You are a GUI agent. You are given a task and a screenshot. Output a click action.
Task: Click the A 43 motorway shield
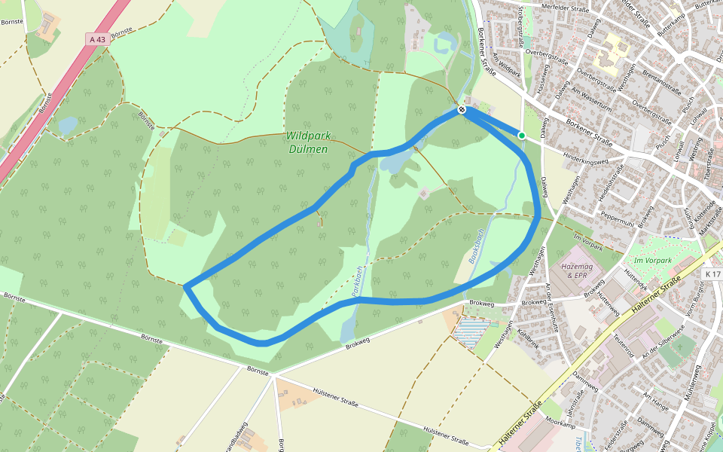(x=97, y=39)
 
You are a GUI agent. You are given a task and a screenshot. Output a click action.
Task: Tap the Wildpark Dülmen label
(x=308, y=142)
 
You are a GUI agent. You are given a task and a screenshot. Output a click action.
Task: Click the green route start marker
(x=521, y=135)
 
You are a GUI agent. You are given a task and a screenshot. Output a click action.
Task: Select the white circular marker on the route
(x=461, y=110)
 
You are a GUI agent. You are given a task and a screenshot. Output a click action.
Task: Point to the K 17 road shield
(x=712, y=274)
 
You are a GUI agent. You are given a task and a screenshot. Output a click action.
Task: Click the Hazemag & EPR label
(x=574, y=271)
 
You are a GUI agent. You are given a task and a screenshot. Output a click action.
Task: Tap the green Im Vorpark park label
(x=651, y=261)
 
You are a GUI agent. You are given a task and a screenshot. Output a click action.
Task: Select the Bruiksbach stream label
(x=474, y=246)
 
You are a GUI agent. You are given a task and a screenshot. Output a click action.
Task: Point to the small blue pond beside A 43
(x=67, y=125)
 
